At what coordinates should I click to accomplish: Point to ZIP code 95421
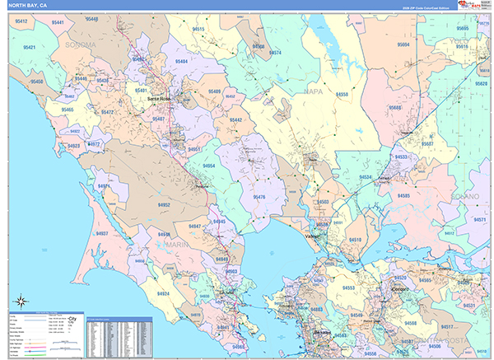pyautogui.click(x=30, y=49)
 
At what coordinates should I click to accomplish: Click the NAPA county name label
pyautogui.click(x=314, y=91)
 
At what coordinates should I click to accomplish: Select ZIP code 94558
pyautogui.click(x=341, y=95)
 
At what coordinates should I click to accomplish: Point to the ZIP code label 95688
pyautogui.click(x=396, y=108)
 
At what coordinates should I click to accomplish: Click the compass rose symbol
pyautogui.click(x=20, y=302)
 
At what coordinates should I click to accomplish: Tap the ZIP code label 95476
pyautogui.click(x=259, y=197)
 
